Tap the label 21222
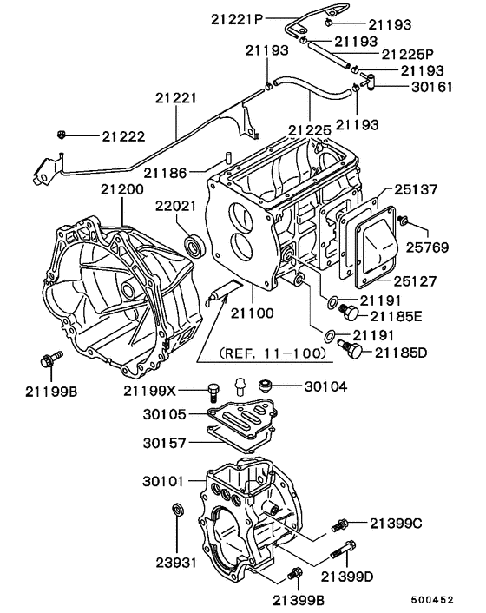(x=122, y=136)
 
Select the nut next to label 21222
(x=62, y=135)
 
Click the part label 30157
(x=165, y=443)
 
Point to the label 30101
(x=165, y=481)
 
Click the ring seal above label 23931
(x=178, y=509)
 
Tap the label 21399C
(x=396, y=523)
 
